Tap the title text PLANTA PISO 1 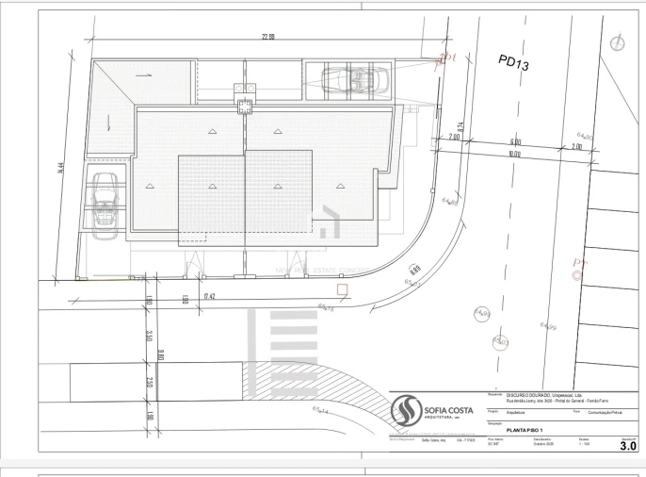pos(527,430)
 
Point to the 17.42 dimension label pos(210,296)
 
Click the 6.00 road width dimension pos(515,142)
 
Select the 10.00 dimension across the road pos(513,154)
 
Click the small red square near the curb pos(343,289)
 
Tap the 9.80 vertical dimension pos(161,354)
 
